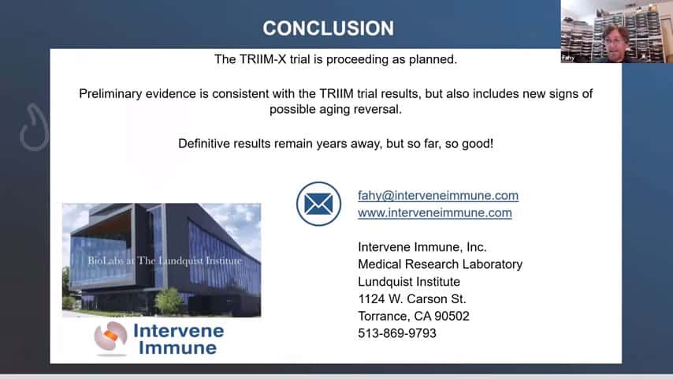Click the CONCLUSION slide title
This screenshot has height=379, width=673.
329,28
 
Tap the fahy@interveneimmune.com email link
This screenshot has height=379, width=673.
438,195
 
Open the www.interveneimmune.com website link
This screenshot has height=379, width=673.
435,212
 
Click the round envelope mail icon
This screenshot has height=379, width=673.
318,204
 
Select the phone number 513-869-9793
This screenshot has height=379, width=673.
397,333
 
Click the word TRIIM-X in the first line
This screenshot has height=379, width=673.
262,59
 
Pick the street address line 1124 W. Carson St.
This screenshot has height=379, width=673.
412,299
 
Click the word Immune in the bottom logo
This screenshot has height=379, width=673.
177,348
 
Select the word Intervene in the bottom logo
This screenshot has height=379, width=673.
179,331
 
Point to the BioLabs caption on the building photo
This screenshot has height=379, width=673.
165,261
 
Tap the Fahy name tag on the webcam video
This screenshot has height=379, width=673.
568,58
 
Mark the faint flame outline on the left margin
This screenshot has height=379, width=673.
34,127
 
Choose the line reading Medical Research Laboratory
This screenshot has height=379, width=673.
441,265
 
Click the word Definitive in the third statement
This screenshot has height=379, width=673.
204,144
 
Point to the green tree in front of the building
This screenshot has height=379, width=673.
169,301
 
